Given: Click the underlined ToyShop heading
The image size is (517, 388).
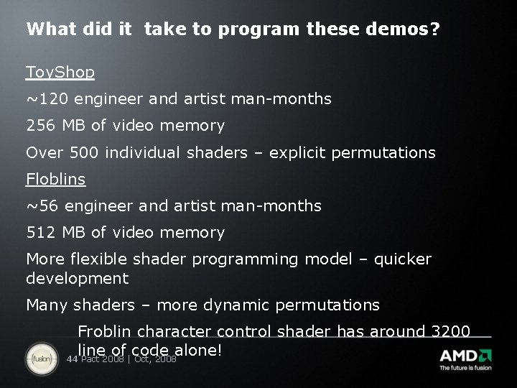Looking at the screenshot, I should click(x=60, y=73).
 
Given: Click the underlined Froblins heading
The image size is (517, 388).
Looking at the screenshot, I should click(x=55, y=179).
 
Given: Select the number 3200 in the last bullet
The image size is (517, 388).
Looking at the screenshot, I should click(x=450, y=331).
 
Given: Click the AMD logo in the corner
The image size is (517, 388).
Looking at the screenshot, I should click(x=465, y=356).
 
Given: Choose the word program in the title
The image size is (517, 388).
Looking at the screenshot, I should click(x=259, y=30).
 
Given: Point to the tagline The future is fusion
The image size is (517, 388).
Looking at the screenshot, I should click(x=465, y=368).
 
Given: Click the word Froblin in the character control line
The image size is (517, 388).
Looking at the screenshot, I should click(x=104, y=331).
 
